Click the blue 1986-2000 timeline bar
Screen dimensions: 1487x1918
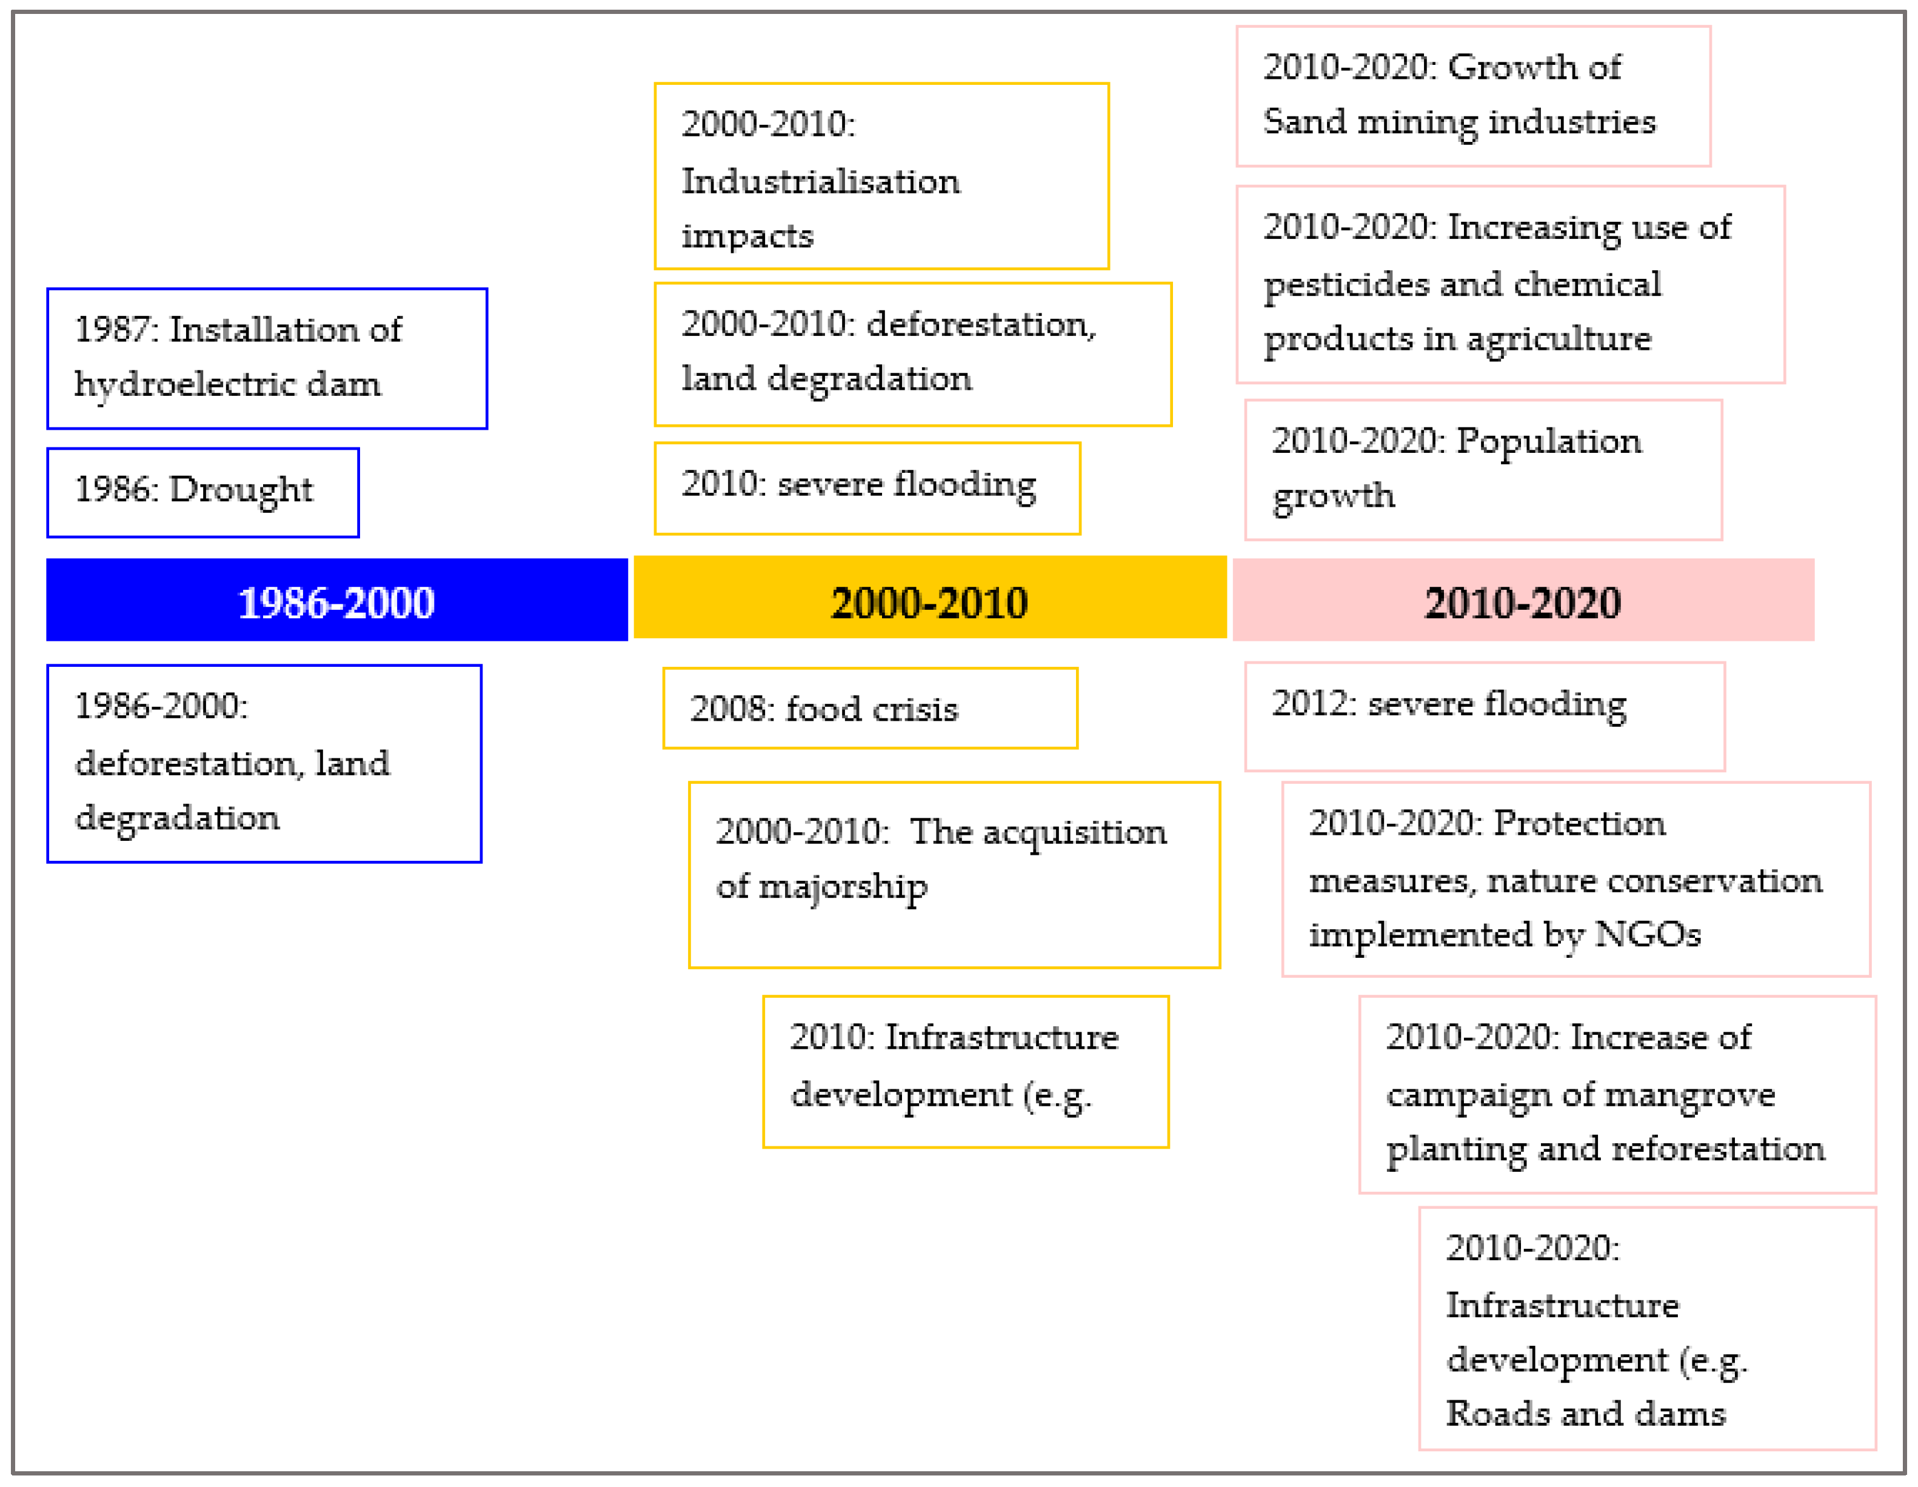tap(336, 600)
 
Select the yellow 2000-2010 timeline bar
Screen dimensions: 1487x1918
tap(929, 598)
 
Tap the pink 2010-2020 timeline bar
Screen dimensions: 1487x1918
tap(1523, 600)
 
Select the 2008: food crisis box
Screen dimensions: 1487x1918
tap(869, 708)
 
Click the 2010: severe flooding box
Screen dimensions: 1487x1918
tap(867, 487)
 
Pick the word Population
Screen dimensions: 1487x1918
tap(1548, 441)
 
